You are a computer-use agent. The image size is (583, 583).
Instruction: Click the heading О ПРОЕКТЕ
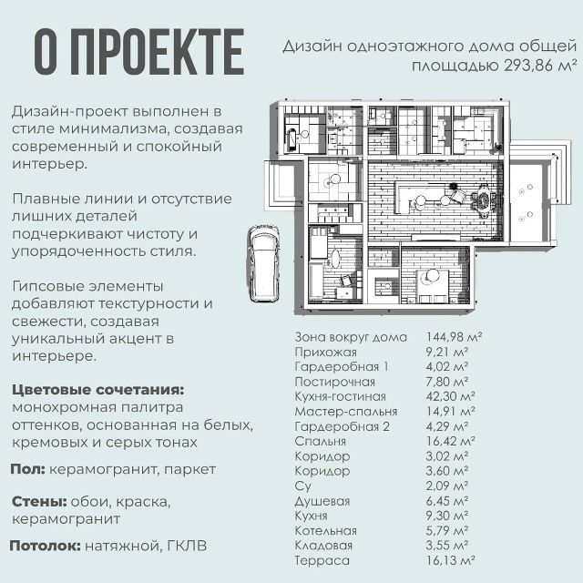tap(139, 52)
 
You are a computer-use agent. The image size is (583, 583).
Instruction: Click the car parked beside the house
tap(263, 263)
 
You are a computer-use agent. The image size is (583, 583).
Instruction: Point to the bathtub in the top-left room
tap(293, 140)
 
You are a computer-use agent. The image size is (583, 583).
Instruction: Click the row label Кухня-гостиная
tap(340, 397)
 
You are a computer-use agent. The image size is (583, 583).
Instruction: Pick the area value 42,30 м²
tap(450, 396)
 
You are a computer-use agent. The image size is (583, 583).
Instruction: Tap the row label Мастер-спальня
tap(346, 412)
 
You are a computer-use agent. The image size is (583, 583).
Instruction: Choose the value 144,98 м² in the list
tap(454, 337)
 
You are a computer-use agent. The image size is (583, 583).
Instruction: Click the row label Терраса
tap(322, 560)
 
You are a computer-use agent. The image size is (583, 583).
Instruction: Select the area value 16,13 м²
tap(450, 560)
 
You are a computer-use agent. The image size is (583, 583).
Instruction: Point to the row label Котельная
tap(326, 530)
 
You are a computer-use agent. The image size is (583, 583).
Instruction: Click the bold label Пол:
tap(28, 469)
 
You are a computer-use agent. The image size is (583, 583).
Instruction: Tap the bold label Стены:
tap(39, 502)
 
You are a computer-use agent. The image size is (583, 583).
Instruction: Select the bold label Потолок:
tap(46, 546)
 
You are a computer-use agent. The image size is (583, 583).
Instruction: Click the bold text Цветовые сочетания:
tap(98, 390)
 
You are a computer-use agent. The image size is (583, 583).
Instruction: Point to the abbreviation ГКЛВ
tap(187, 546)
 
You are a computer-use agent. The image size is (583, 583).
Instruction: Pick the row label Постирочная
tap(334, 382)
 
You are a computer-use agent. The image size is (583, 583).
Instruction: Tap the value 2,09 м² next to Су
tap(446, 486)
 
